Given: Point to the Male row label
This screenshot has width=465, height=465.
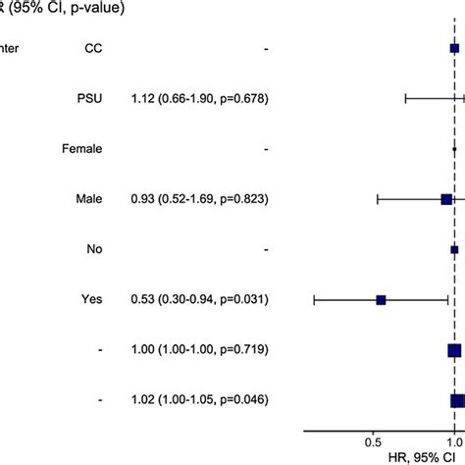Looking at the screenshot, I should (89, 199).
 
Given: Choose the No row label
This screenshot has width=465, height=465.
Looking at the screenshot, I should (94, 249).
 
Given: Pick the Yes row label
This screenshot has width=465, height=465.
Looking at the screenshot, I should (92, 299).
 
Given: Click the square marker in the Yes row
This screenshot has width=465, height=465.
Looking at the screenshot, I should (381, 299).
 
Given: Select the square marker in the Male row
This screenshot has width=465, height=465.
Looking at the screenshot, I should (446, 199).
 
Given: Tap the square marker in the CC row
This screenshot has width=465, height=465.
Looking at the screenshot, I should (454, 47).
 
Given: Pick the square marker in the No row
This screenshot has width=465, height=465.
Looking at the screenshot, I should (454, 249).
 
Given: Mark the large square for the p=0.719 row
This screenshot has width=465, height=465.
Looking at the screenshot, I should (454, 349).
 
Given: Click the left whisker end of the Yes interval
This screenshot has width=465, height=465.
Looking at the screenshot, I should (314, 299).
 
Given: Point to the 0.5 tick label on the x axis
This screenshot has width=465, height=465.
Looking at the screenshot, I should (373, 442).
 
